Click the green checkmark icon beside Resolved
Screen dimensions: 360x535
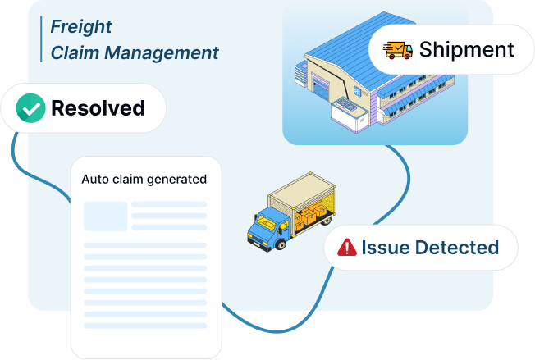coord(30,107)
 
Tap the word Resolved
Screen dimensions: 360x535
coord(98,107)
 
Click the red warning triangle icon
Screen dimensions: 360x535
coord(347,247)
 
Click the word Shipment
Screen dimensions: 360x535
coord(467,49)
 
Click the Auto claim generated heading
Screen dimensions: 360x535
coord(144,179)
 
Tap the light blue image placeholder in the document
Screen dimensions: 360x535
coord(105,216)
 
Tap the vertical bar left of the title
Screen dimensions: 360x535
coord(41,39)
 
